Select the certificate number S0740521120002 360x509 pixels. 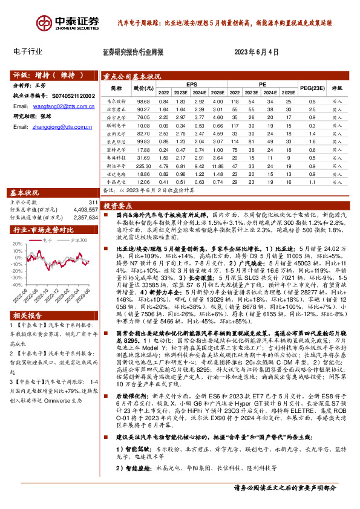tap(71, 96)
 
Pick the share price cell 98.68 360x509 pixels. tap(143, 102)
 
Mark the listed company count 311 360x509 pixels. tap(92, 203)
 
